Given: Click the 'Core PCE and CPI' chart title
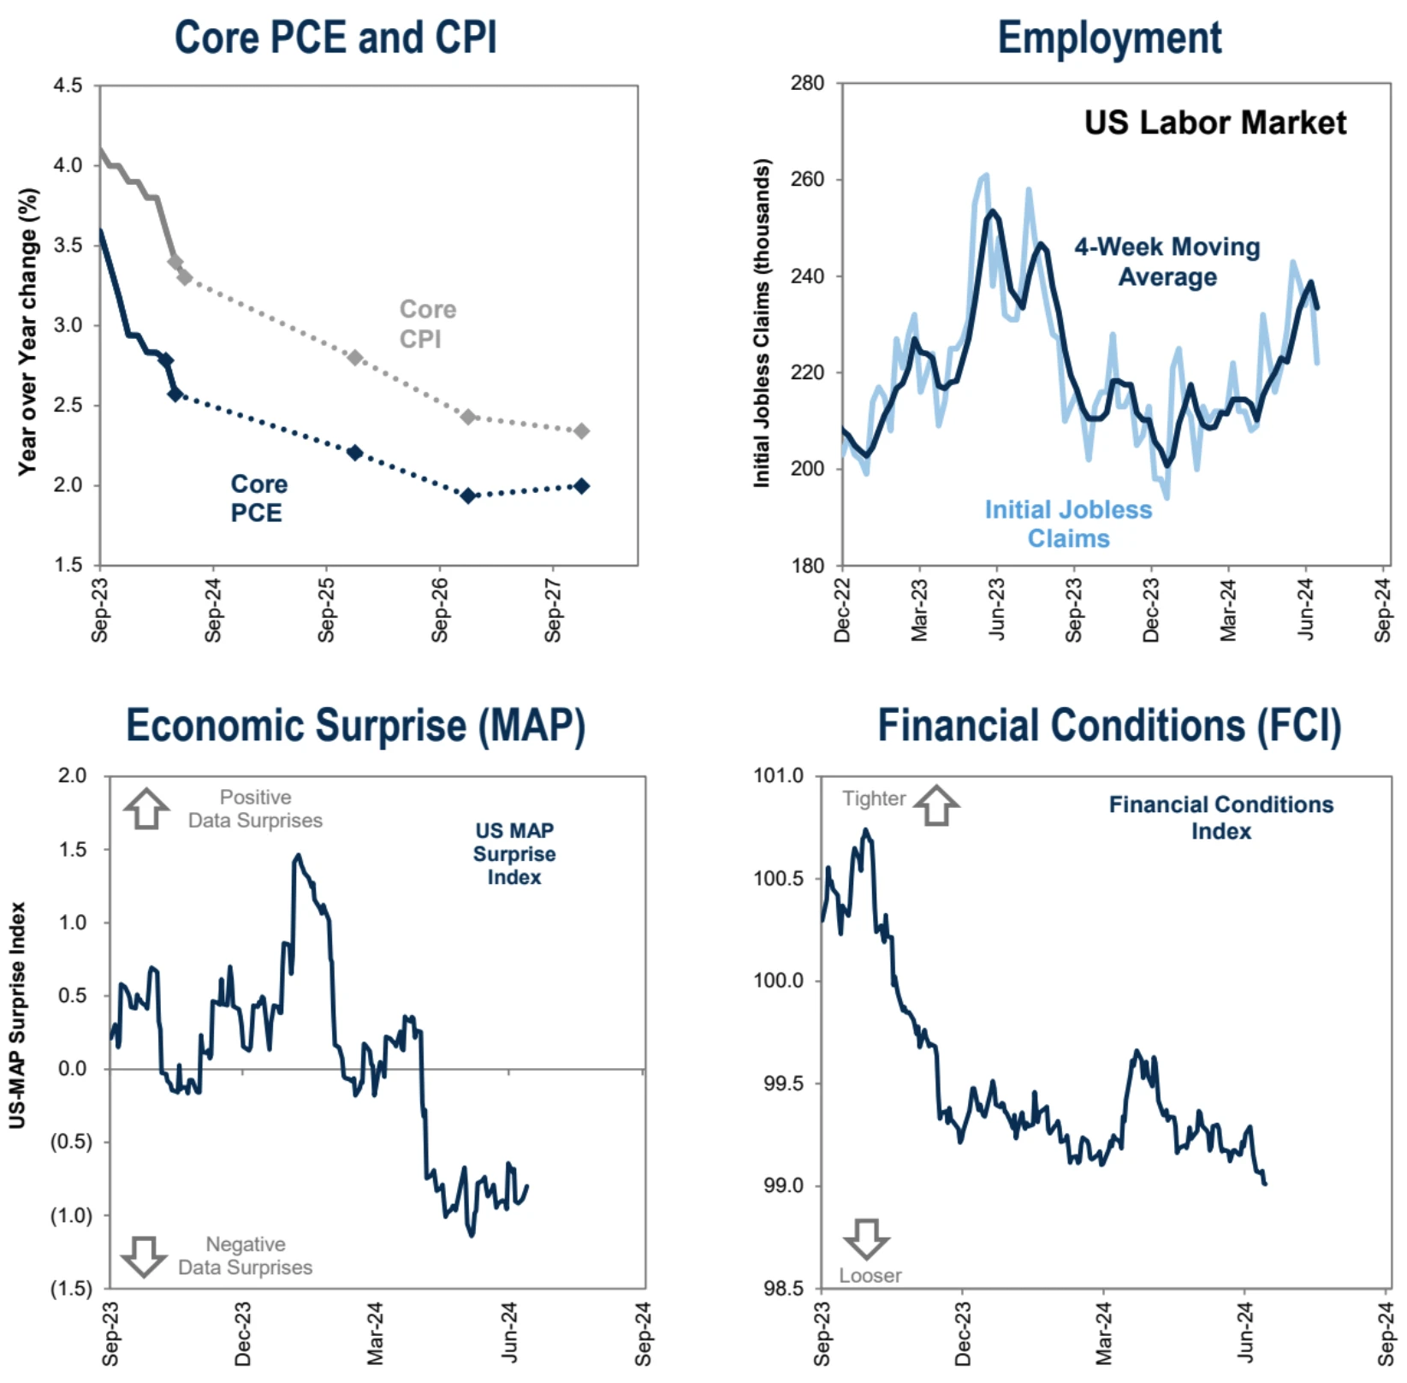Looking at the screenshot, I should pos(335,39).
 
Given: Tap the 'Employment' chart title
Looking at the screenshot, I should pos(1109,39).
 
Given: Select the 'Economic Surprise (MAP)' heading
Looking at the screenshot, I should pos(355,726).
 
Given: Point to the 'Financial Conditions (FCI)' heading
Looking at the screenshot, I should pos(1109,726).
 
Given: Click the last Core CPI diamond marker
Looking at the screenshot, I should pos(581,431).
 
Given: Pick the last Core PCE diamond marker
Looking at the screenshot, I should pos(581,486).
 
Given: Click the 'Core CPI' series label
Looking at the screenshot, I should pos(427,323).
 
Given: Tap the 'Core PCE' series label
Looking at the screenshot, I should pos(258,498).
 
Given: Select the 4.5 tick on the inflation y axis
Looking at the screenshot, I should pos(68,86).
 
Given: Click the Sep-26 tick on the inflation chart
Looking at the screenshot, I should pos(440,609).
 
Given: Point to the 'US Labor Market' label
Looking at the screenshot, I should pos(1214,123).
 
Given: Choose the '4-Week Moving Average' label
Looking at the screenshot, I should pos(1167,262).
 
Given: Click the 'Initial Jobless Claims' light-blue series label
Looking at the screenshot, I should pos(1068,524).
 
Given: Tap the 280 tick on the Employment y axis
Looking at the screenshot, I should pos(807,84).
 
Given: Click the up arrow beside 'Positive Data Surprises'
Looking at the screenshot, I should pos(146,808).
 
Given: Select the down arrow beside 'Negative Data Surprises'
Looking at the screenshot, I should pos(143,1255).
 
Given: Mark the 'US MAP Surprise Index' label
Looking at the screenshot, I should pos(514,853).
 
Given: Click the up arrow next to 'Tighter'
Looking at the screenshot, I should pos(936,805).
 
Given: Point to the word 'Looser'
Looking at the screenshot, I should pos(870,1275).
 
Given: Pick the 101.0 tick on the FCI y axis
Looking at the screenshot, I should pos(778,775).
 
